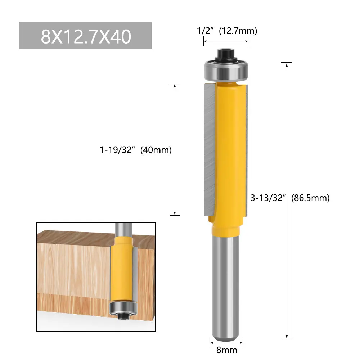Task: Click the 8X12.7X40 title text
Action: (86, 36)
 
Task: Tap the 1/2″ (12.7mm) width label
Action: (227, 31)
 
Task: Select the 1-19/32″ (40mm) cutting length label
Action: (135, 150)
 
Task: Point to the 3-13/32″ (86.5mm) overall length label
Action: (290, 198)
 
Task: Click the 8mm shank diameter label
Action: (226, 350)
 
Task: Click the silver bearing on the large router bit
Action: (226, 70)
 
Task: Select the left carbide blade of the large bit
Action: (210, 149)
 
